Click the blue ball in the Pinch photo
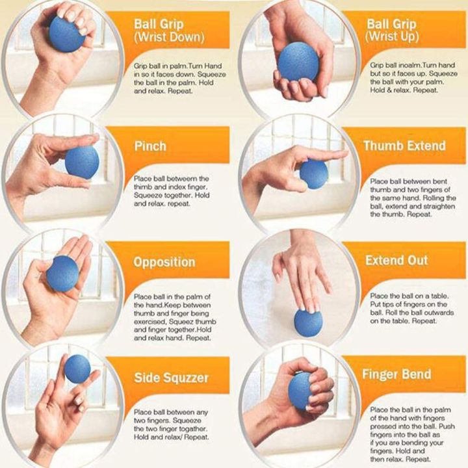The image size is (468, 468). [82, 162]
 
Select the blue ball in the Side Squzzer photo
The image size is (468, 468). [77, 369]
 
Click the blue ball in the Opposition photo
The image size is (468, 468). [62, 273]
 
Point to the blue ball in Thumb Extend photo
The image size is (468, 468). [313, 174]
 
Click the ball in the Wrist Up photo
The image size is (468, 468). [298, 62]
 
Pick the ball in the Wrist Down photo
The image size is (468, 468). [67, 34]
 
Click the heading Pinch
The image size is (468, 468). [150, 146]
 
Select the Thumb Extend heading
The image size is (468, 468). [404, 146]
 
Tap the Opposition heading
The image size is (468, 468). [164, 263]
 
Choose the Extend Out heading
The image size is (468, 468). [396, 261]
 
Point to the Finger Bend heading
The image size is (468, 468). [396, 374]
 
